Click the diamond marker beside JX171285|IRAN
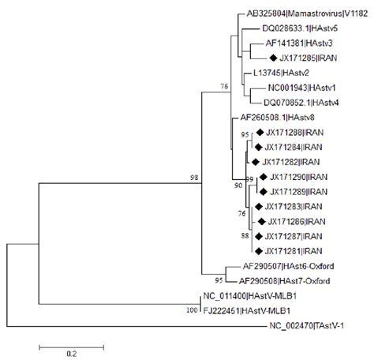[x=273, y=58]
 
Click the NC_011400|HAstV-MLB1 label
[x=249, y=296]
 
